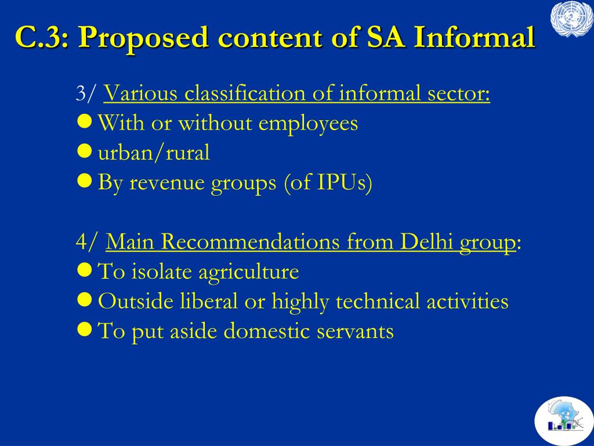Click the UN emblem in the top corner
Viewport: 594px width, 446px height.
571,19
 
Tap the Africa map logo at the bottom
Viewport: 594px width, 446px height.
564,421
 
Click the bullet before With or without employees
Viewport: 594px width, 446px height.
84,121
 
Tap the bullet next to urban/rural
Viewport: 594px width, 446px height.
84,151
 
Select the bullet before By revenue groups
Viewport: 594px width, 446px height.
84,181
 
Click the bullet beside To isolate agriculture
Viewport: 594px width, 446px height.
84,270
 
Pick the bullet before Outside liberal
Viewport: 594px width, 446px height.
84,300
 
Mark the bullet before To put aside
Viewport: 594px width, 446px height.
84,329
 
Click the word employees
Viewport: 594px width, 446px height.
308,124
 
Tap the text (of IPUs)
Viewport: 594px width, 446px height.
328,183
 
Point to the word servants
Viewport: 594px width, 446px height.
355,331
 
